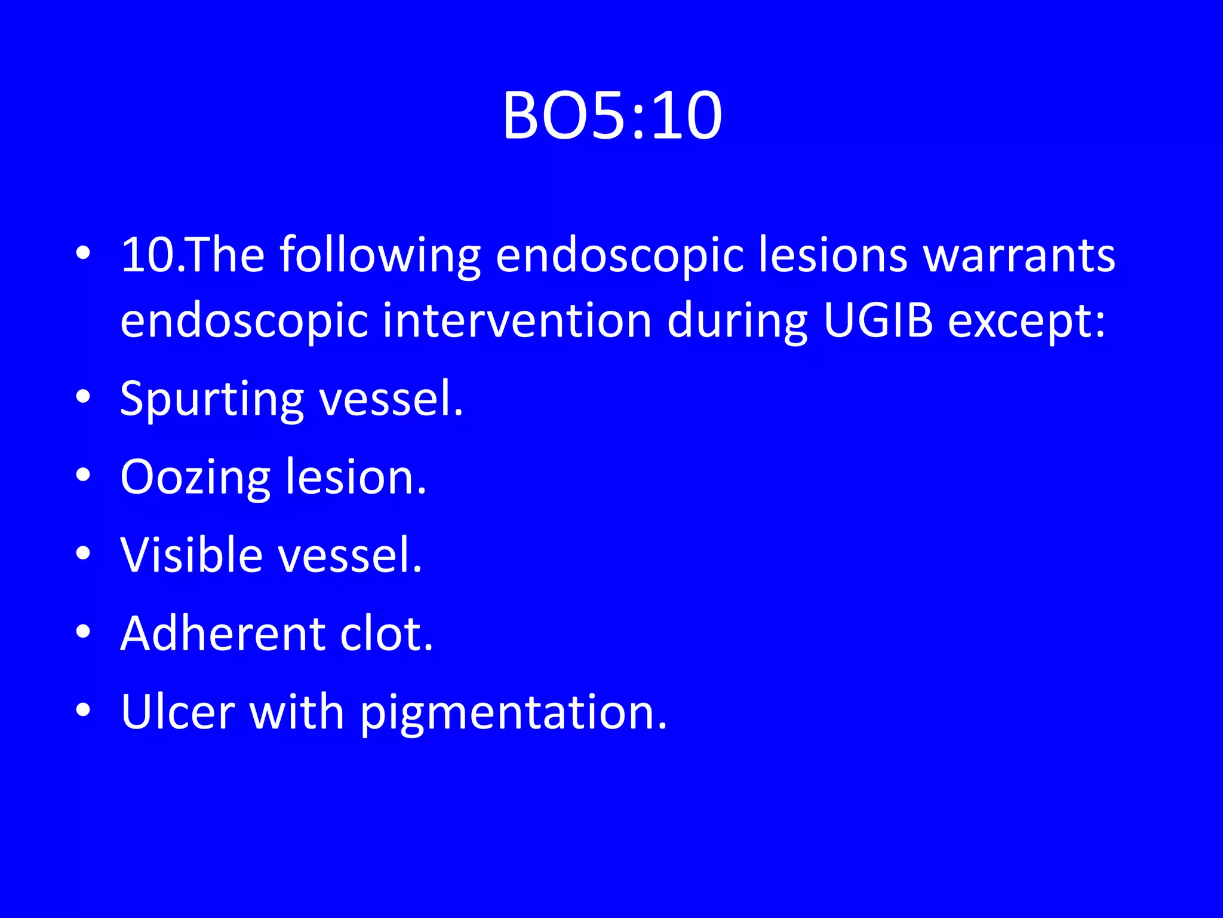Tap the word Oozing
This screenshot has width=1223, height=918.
tap(195, 478)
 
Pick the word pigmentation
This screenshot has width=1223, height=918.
tap(514, 713)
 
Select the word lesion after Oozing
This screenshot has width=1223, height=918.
tap(357, 478)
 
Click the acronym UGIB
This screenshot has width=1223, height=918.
tap(878, 320)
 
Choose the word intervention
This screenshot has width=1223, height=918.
tap(517, 320)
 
